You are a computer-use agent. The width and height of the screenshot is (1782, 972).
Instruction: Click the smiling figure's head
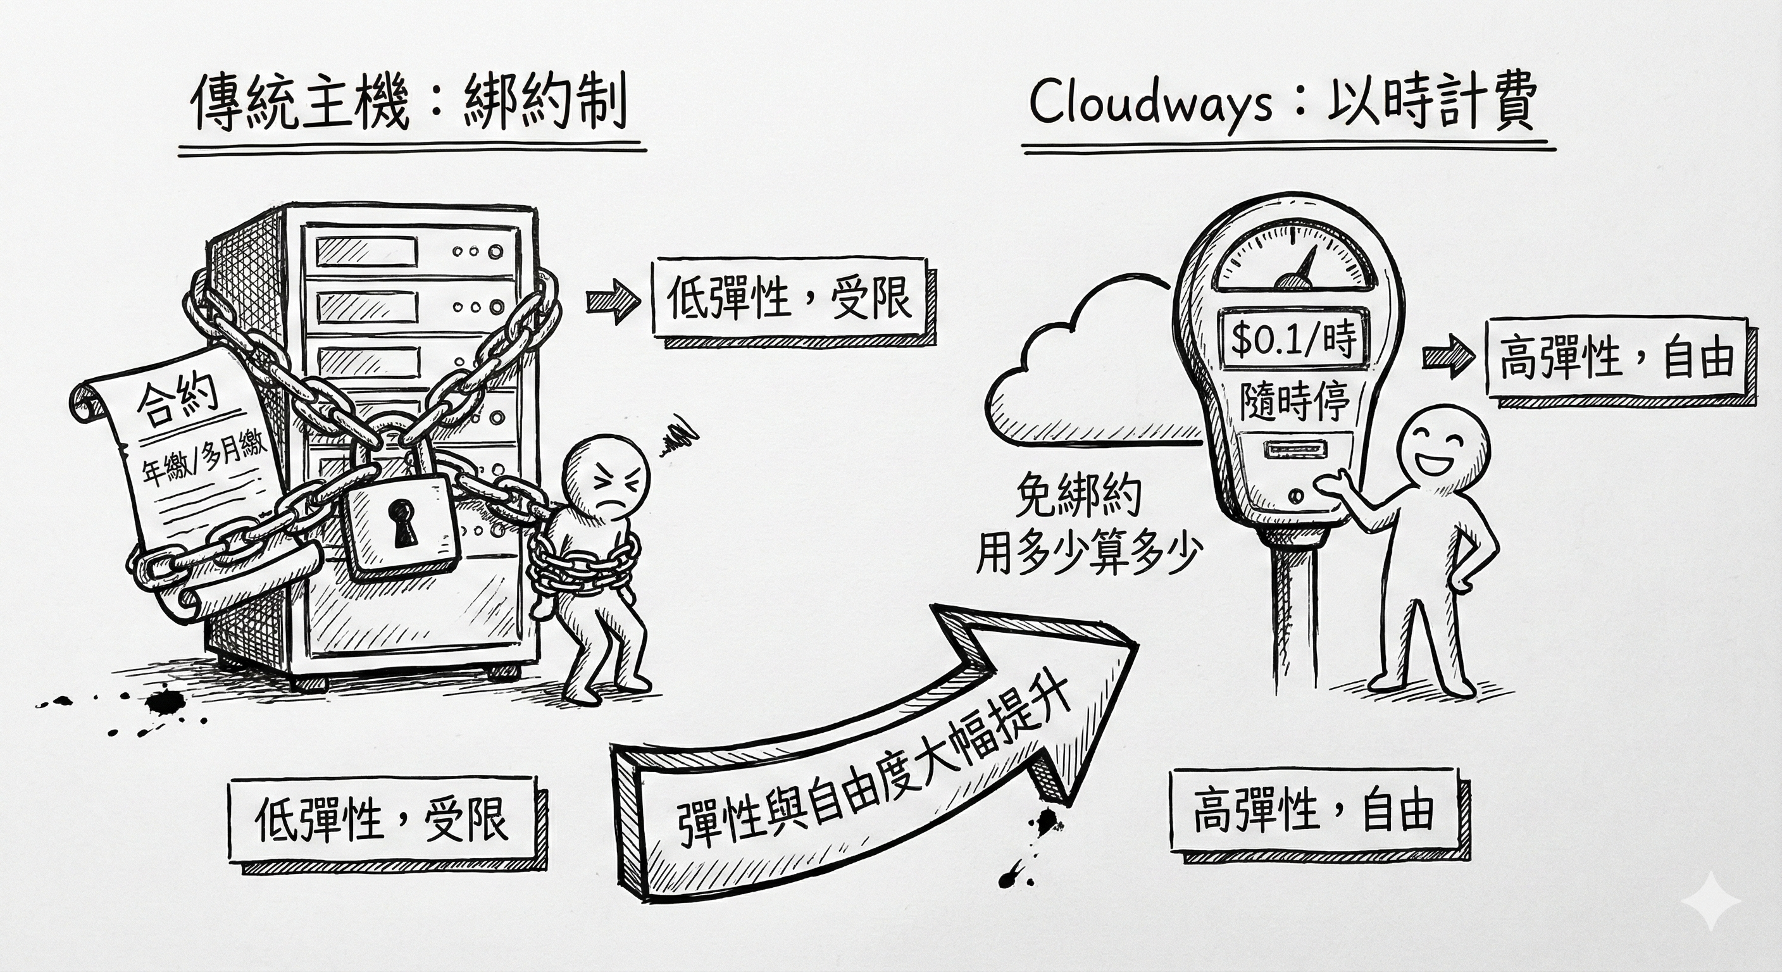(1441, 451)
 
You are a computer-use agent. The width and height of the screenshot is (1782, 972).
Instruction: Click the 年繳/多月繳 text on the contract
(205, 461)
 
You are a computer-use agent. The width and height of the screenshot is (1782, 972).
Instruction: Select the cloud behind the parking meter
(1079, 373)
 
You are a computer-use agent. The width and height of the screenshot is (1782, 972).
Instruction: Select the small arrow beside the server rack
(612, 300)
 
